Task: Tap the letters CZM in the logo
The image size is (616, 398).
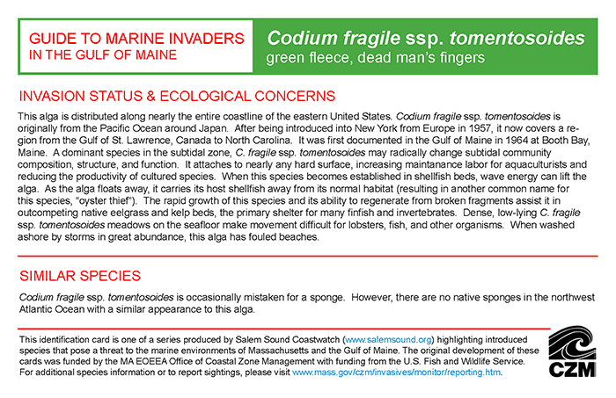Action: [573, 371]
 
